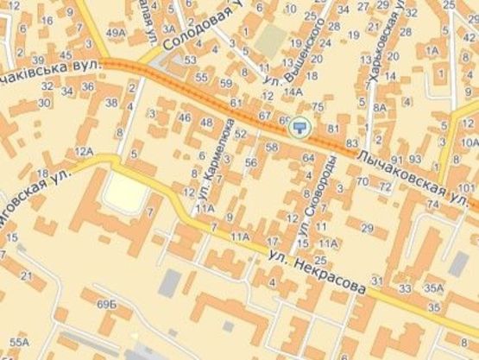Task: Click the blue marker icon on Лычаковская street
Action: pos(299,127)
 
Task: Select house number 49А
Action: pos(114,34)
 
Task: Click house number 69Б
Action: pos(106,305)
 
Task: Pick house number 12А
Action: pos(84,151)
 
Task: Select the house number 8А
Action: pos(380,107)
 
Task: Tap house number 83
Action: pos(351,142)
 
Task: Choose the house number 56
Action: pos(251,162)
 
